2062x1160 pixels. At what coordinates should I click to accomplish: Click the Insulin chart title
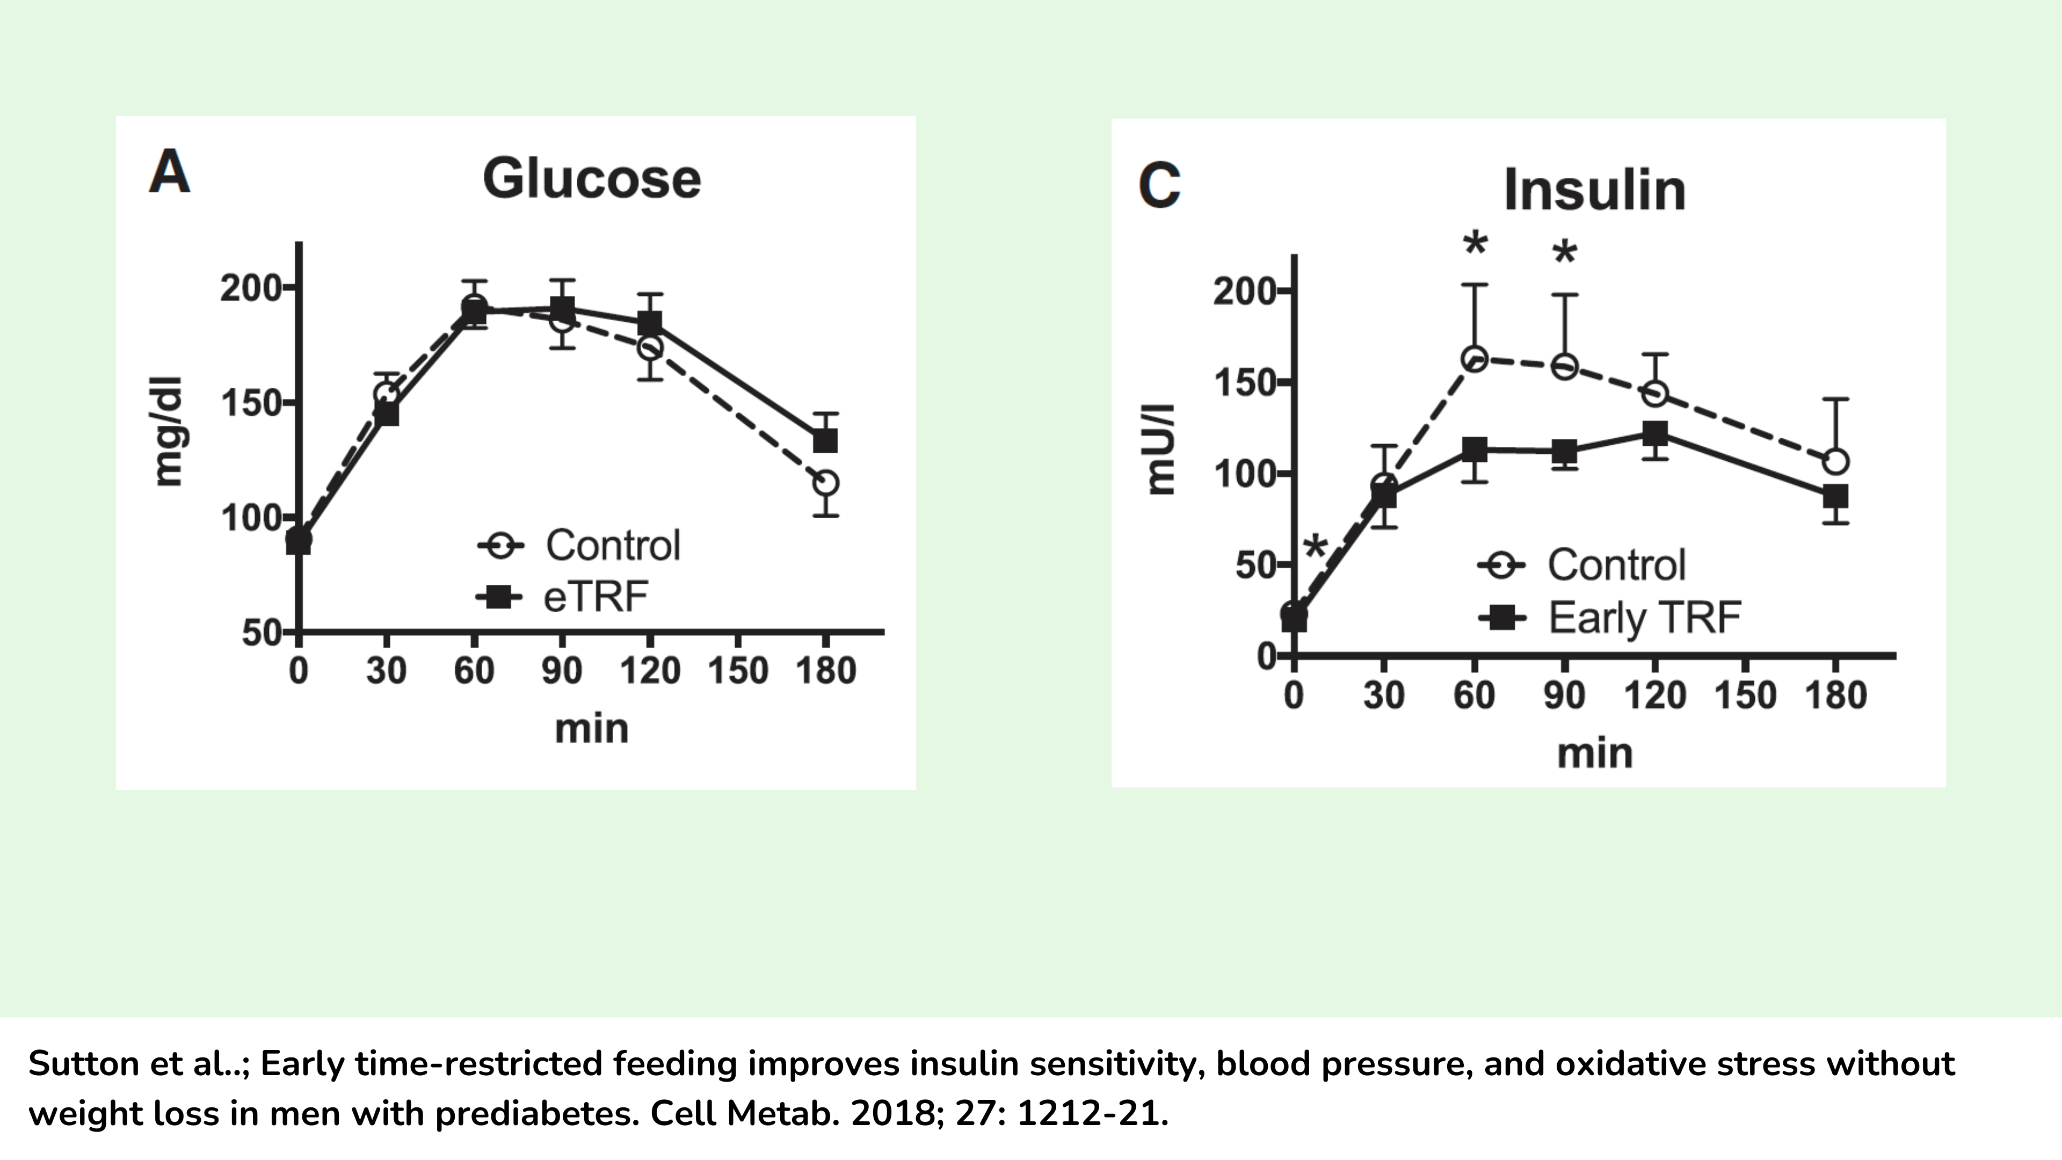coord(1594,191)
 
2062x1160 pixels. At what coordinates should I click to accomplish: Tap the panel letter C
coord(1159,186)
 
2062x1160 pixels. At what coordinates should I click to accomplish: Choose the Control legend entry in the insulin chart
coord(1615,565)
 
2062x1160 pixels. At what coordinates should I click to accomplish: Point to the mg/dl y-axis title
coord(169,432)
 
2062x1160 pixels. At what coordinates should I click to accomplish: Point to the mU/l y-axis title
coord(1160,450)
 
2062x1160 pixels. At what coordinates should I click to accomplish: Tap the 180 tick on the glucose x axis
coord(825,670)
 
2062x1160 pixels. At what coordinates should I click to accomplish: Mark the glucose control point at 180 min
coord(825,483)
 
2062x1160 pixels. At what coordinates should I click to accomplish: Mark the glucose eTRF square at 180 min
coord(825,440)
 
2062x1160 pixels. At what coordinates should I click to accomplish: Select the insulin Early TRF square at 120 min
coord(1654,434)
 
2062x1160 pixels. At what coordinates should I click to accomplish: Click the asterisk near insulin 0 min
coord(1315,548)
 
